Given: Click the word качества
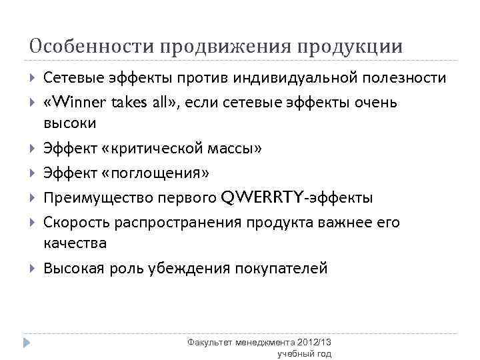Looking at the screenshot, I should (x=75, y=244).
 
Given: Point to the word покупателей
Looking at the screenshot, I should (x=279, y=269).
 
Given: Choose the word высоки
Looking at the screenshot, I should (x=69, y=124).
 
